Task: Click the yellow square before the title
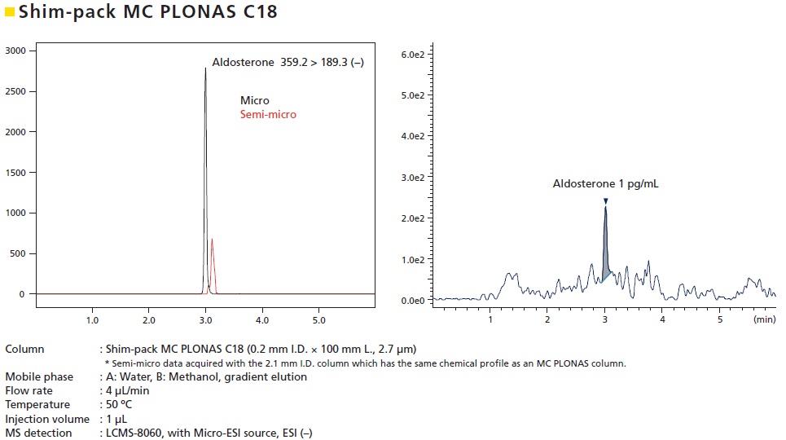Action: (10, 12)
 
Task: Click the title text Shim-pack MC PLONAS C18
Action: (147, 12)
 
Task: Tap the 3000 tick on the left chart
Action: (16, 51)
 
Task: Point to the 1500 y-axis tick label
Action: (16, 172)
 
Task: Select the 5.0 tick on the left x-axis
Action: (318, 310)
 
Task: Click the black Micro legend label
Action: (254, 101)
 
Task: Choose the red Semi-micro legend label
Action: (268, 115)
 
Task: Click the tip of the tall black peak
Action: (205, 68)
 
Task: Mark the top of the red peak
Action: (212, 240)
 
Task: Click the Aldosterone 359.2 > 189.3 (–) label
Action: (287, 62)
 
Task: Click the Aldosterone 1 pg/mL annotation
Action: (605, 184)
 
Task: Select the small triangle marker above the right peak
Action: (605, 200)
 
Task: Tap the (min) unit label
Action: (765, 320)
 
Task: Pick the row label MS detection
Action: (38, 433)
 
